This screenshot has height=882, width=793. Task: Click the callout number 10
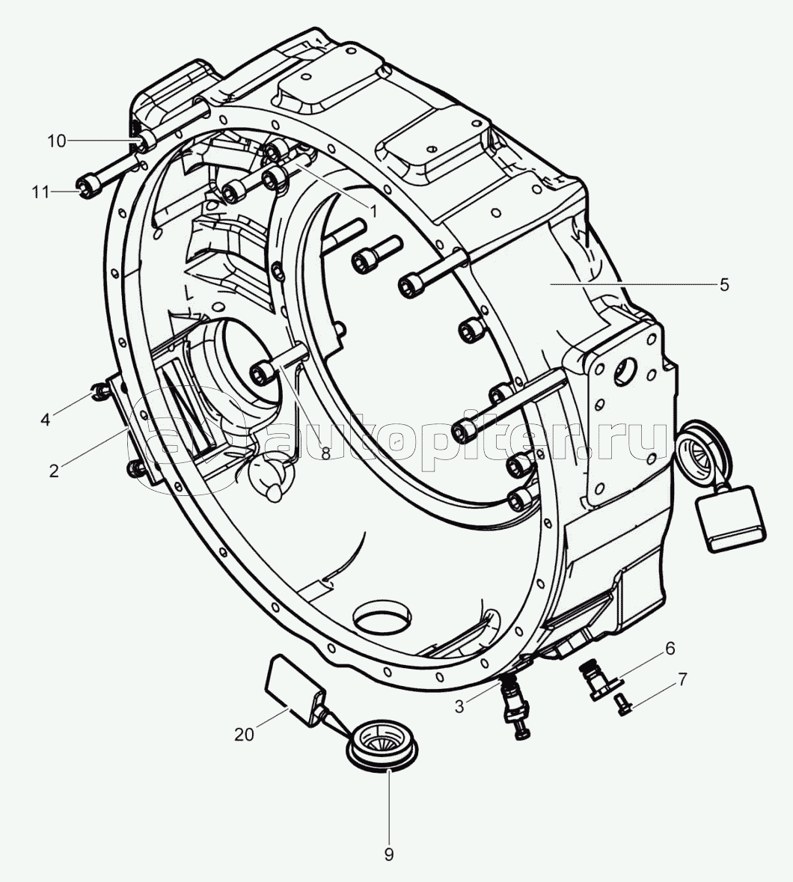57,141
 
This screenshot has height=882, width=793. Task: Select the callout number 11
41,192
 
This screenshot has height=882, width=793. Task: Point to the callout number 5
723,284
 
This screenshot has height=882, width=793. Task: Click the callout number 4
46,419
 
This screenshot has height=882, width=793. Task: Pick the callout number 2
53,471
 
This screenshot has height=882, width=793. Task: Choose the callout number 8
325,453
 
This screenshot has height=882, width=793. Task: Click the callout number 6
670,647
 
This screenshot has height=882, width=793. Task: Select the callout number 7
682,679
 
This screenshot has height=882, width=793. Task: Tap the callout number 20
244,735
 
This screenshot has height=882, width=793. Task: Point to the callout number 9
388,854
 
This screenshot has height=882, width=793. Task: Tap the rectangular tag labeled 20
296,688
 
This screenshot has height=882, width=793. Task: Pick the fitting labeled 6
596,679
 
